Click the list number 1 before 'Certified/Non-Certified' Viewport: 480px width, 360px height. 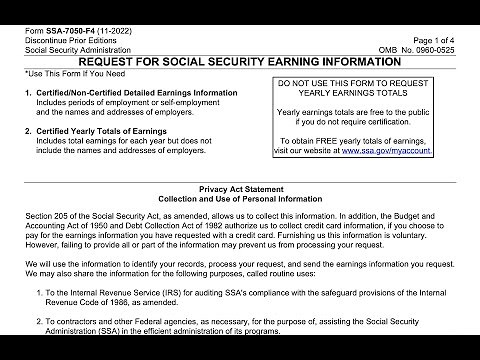pyautogui.click(x=27, y=93)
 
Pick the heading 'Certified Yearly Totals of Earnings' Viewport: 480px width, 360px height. pyautogui.click(x=106, y=131)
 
